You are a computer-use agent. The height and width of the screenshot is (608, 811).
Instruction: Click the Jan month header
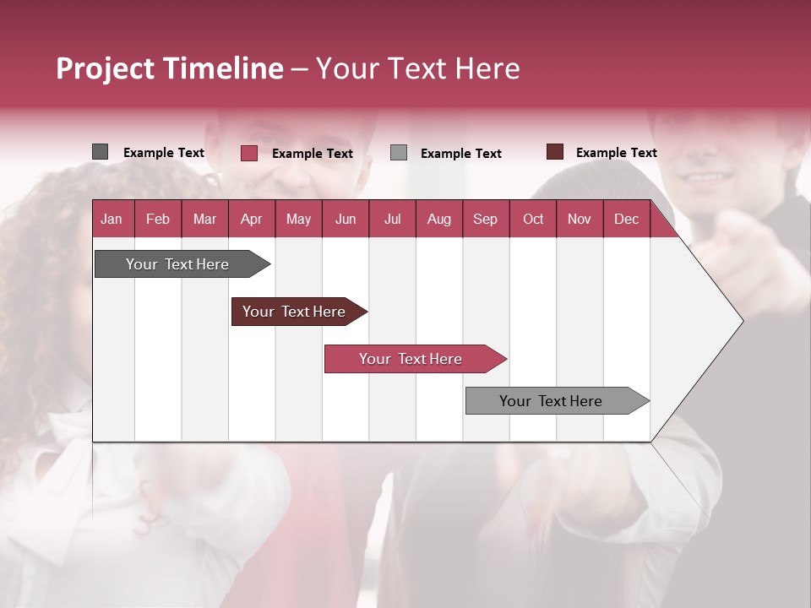point(112,220)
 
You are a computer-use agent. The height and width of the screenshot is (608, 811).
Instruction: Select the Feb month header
point(158,220)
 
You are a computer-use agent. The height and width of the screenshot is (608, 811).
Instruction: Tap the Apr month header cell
point(251,220)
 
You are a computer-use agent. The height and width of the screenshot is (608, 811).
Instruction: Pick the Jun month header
point(346,220)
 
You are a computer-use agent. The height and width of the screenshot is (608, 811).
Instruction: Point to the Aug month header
point(438,220)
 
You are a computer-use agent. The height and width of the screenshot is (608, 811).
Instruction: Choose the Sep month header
point(485,220)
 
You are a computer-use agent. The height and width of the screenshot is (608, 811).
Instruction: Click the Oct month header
point(533,220)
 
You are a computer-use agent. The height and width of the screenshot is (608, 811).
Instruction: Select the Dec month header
point(626,220)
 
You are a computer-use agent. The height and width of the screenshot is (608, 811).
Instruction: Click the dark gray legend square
point(100,152)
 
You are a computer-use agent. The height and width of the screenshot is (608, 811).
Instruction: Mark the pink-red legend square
point(248,153)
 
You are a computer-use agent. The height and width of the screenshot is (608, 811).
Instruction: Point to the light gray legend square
point(399,153)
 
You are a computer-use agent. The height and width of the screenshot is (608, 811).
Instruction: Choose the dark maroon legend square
point(554,152)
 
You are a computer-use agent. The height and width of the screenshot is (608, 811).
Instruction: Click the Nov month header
point(580,220)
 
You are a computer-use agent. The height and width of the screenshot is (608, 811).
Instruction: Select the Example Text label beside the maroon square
point(616,153)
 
